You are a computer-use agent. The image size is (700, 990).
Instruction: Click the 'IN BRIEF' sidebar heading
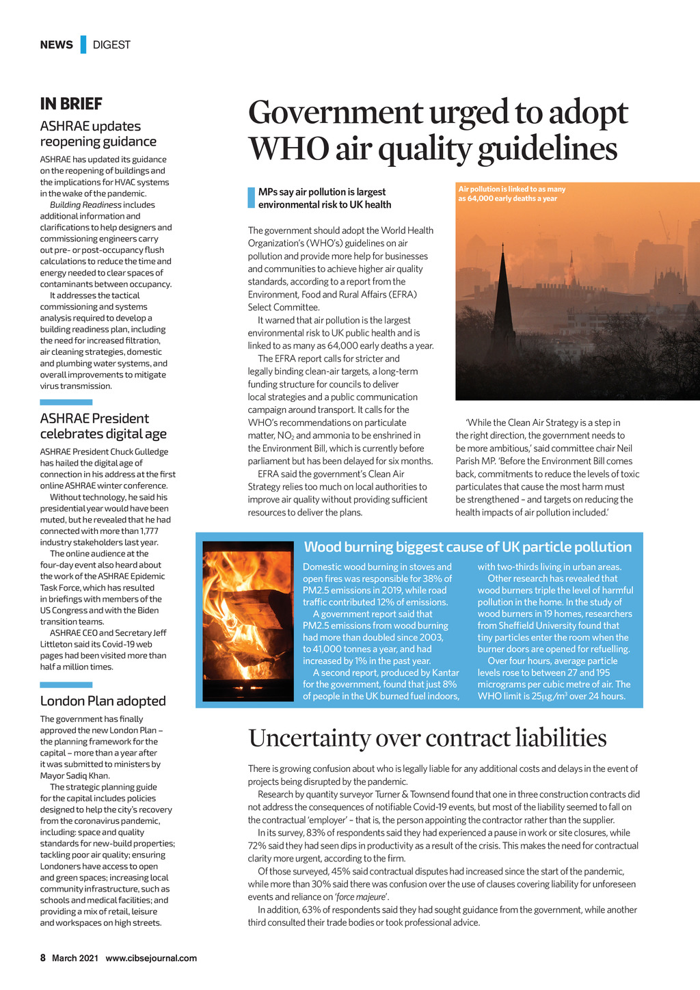click(x=71, y=104)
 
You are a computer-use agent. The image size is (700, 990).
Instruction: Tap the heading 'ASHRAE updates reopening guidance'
click(x=98, y=134)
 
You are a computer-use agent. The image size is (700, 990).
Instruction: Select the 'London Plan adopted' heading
click(x=103, y=701)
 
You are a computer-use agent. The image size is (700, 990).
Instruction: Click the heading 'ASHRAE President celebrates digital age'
click(x=103, y=426)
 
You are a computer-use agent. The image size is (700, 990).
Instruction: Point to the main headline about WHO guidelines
click(x=437, y=131)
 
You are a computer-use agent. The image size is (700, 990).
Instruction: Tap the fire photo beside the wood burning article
click(x=248, y=621)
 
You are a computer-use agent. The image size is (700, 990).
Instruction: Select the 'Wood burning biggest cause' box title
click(x=468, y=547)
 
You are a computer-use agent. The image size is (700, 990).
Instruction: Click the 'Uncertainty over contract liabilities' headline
click(x=427, y=738)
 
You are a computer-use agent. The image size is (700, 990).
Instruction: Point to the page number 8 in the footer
click(x=43, y=958)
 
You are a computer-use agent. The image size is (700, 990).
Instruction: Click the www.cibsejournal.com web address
click(x=151, y=958)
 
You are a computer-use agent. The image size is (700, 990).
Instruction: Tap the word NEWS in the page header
click(x=56, y=45)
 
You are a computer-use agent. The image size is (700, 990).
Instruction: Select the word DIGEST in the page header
click(x=111, y=45)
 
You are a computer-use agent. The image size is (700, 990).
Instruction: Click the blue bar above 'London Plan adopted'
click(x=66, y=684)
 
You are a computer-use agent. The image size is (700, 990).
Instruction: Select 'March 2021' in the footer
click(x=75, y=958)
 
